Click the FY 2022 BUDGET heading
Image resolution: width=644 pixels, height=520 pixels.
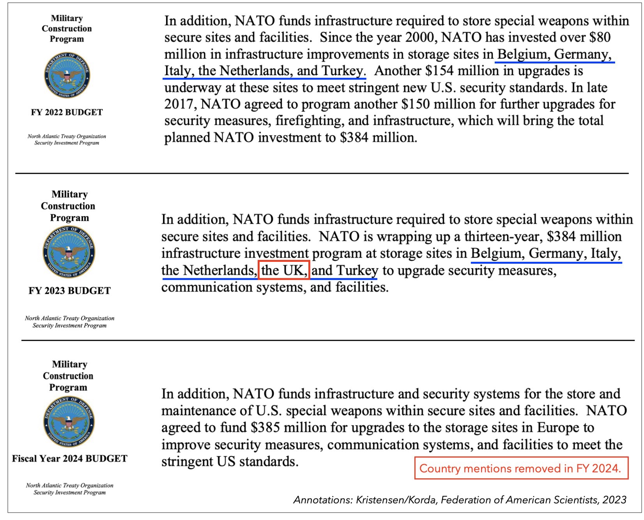[67, 112]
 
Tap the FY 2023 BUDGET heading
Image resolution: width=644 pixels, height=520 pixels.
[69, 291]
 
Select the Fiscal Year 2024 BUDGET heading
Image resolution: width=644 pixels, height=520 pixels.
[69, 458]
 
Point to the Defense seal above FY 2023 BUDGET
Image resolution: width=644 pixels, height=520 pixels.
[69, 252]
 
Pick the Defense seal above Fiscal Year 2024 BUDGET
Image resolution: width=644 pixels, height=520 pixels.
[69, 422]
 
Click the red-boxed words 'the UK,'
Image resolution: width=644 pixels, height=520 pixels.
[284, 270]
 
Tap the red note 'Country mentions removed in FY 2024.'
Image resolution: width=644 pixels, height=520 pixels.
[520, 468]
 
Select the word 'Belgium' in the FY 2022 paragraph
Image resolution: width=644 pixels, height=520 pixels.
[523, 54]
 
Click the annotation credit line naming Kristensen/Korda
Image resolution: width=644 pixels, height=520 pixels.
[460, 500]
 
